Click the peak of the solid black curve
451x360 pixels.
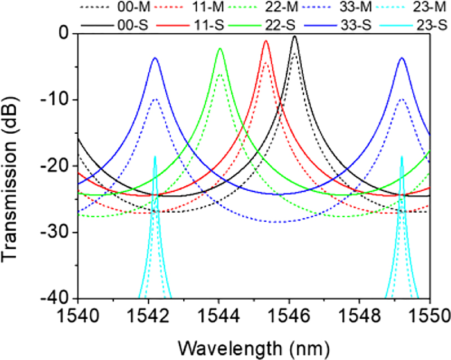294,37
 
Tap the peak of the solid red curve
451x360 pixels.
266,41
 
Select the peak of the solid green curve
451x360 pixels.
220,49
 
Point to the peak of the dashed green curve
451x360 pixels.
220,74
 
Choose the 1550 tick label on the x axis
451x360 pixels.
430,314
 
